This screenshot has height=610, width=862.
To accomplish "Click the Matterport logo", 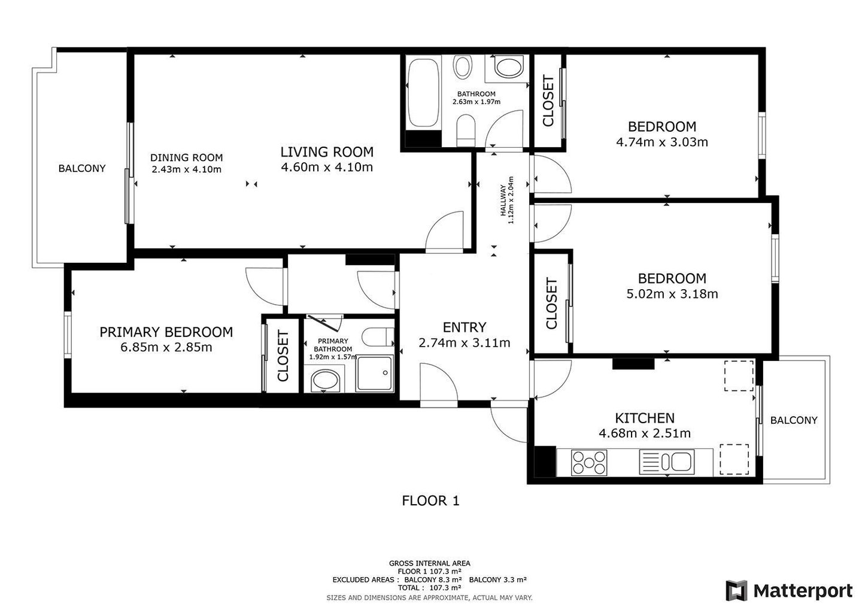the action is tap(789, 591).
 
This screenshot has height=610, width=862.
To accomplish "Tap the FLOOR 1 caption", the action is tap(430, 500).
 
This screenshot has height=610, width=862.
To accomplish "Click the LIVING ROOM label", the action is tap(327, 152).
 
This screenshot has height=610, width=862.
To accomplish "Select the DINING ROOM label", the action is tap(186, 157).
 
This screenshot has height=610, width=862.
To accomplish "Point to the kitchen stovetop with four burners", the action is tap(589, 462).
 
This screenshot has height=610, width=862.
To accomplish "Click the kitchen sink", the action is tap(667, 462).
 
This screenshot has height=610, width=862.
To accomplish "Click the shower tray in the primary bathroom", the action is tap(375, 373).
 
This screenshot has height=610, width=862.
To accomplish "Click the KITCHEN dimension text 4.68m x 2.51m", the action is tap(645, 433).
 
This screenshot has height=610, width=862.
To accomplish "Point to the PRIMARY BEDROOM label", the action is tap(166, 332).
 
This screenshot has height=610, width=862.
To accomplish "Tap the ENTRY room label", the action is tap(465, 327).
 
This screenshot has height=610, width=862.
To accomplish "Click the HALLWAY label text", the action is tap(503, 200).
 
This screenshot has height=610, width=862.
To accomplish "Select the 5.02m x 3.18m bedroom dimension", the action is tap(672, 294).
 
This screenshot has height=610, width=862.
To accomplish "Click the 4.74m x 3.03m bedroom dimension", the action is tap(662, 142).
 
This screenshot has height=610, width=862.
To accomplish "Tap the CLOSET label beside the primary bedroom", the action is tap(283, 356).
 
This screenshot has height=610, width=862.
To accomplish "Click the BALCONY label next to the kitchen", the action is tap(794, 420).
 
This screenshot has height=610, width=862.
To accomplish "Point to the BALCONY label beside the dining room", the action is tap(82, 168).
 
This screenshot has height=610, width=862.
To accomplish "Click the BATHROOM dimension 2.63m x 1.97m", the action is tap(476, 102).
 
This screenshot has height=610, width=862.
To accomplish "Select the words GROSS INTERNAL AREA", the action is tap(429, 563).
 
